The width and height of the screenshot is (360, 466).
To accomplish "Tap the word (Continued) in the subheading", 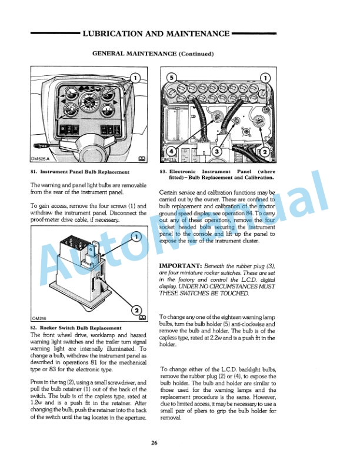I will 201,54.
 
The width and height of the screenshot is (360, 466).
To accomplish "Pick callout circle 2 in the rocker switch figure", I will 135,310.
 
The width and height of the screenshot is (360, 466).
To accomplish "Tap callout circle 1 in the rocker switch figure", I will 135,237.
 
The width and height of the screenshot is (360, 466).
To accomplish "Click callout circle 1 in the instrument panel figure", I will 135,78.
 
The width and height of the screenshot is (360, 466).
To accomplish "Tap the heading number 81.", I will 33,172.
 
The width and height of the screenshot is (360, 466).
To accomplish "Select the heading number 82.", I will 33,328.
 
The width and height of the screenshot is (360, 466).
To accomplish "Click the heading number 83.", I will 163,172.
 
